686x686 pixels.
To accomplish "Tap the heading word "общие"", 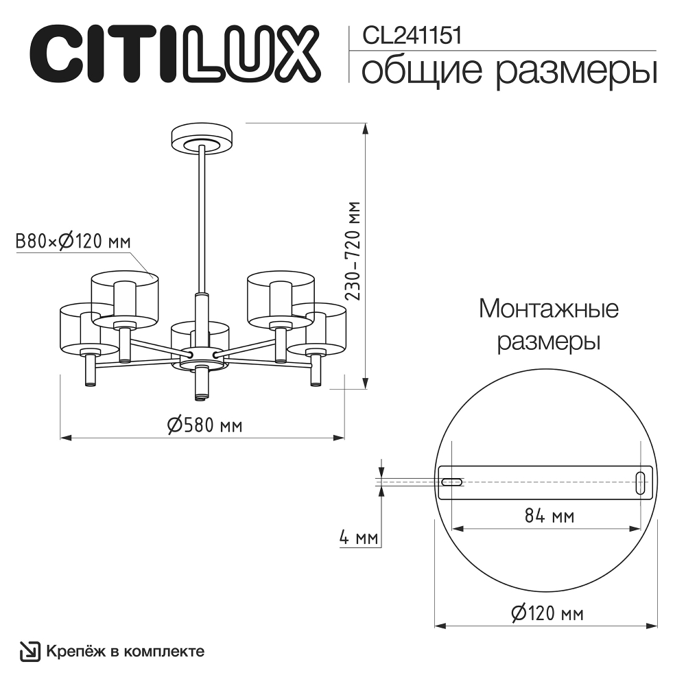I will coord(420,71).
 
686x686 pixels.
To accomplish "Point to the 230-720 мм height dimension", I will coord(353,252).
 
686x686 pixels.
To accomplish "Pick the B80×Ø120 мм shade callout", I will coord(73,241).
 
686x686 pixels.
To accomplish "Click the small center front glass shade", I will coord(200,331).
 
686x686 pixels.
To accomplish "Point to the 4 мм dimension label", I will coord(359,538).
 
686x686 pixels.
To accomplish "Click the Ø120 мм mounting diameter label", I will coord(547,613).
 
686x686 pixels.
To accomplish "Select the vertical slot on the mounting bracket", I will coord(640,482).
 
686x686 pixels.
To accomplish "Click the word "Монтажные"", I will coord(548,309).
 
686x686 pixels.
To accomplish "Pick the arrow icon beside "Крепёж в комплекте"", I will coord(29,651).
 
